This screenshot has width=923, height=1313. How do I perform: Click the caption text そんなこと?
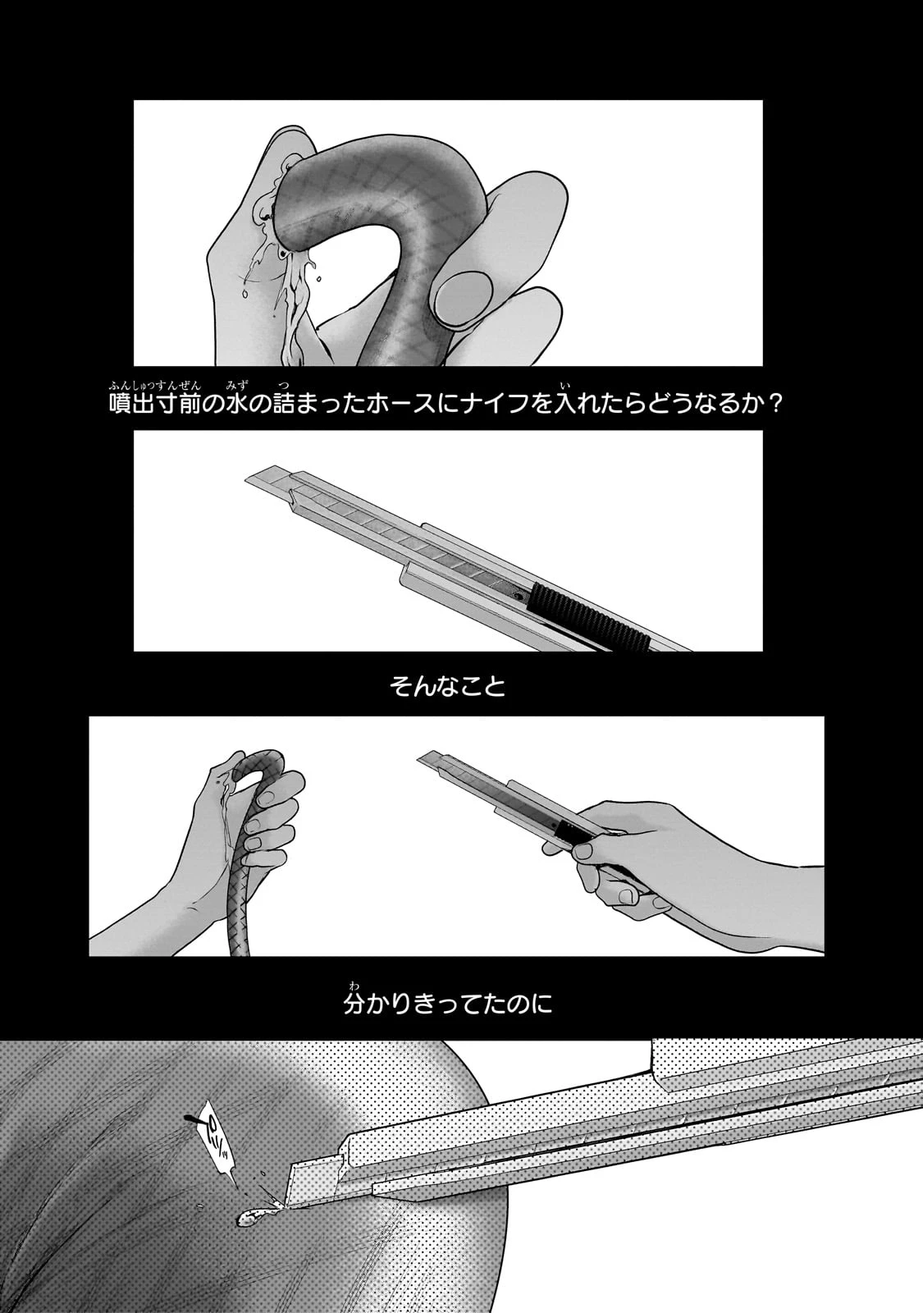tap(448, 687)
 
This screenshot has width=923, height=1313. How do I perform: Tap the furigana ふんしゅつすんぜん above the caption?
tap(154, 385)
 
